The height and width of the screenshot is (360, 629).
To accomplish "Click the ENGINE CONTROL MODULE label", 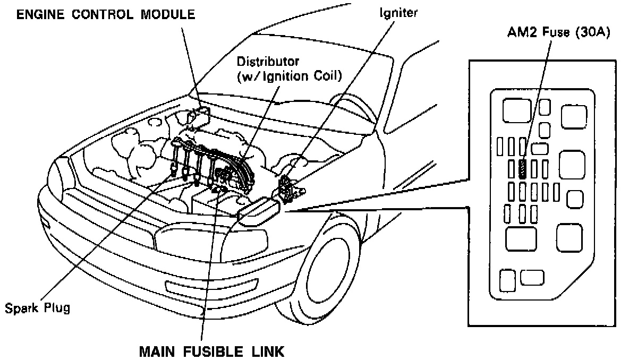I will click(105, 14).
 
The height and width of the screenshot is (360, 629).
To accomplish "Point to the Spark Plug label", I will click(37, 307).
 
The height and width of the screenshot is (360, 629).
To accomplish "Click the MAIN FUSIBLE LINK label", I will click(211, 352).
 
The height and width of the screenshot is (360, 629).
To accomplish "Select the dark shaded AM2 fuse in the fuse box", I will click(523, 169).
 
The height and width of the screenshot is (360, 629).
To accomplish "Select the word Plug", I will click(57, 307).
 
